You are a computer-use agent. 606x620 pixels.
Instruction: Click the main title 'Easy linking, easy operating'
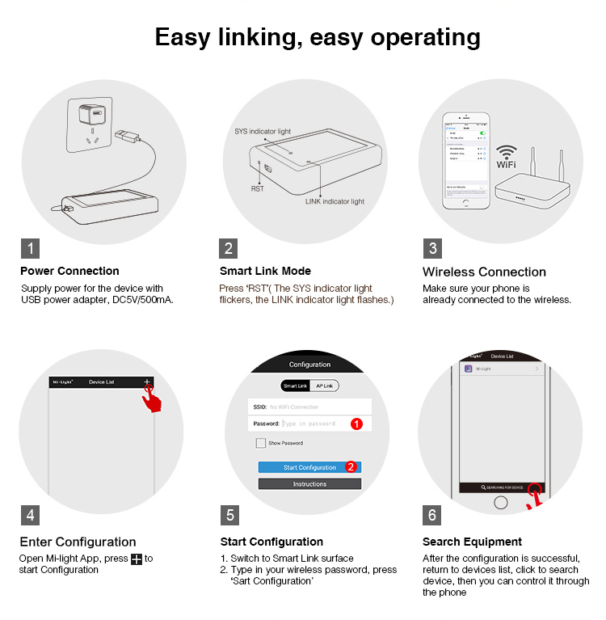coord(318,36)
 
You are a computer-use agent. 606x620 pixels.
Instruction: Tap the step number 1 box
coord(30,248)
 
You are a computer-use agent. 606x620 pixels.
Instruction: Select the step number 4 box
coord(30,515)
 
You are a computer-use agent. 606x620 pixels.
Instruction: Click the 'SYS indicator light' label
coord(263,131)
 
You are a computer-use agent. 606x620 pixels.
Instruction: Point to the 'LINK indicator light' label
coord(335,201)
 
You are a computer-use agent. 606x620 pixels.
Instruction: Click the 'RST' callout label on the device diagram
coord(257,188)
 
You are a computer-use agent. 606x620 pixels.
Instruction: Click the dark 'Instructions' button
coord(309,484)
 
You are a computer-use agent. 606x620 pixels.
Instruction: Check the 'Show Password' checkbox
coord(261,443)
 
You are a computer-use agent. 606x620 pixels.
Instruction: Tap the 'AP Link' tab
coord(326,386)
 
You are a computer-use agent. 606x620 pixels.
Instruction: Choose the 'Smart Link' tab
coord(296,386)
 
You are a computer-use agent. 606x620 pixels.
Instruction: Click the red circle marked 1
coord(356,424)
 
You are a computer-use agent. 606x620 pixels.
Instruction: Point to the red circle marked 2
coord(351,466)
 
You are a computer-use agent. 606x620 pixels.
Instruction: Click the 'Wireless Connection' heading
coord(484,272)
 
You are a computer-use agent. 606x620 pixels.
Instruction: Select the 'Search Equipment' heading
coord(472,542)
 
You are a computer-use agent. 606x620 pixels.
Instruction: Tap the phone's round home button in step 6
coord(501,503)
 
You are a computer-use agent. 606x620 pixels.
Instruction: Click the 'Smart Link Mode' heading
coord(265,272)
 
